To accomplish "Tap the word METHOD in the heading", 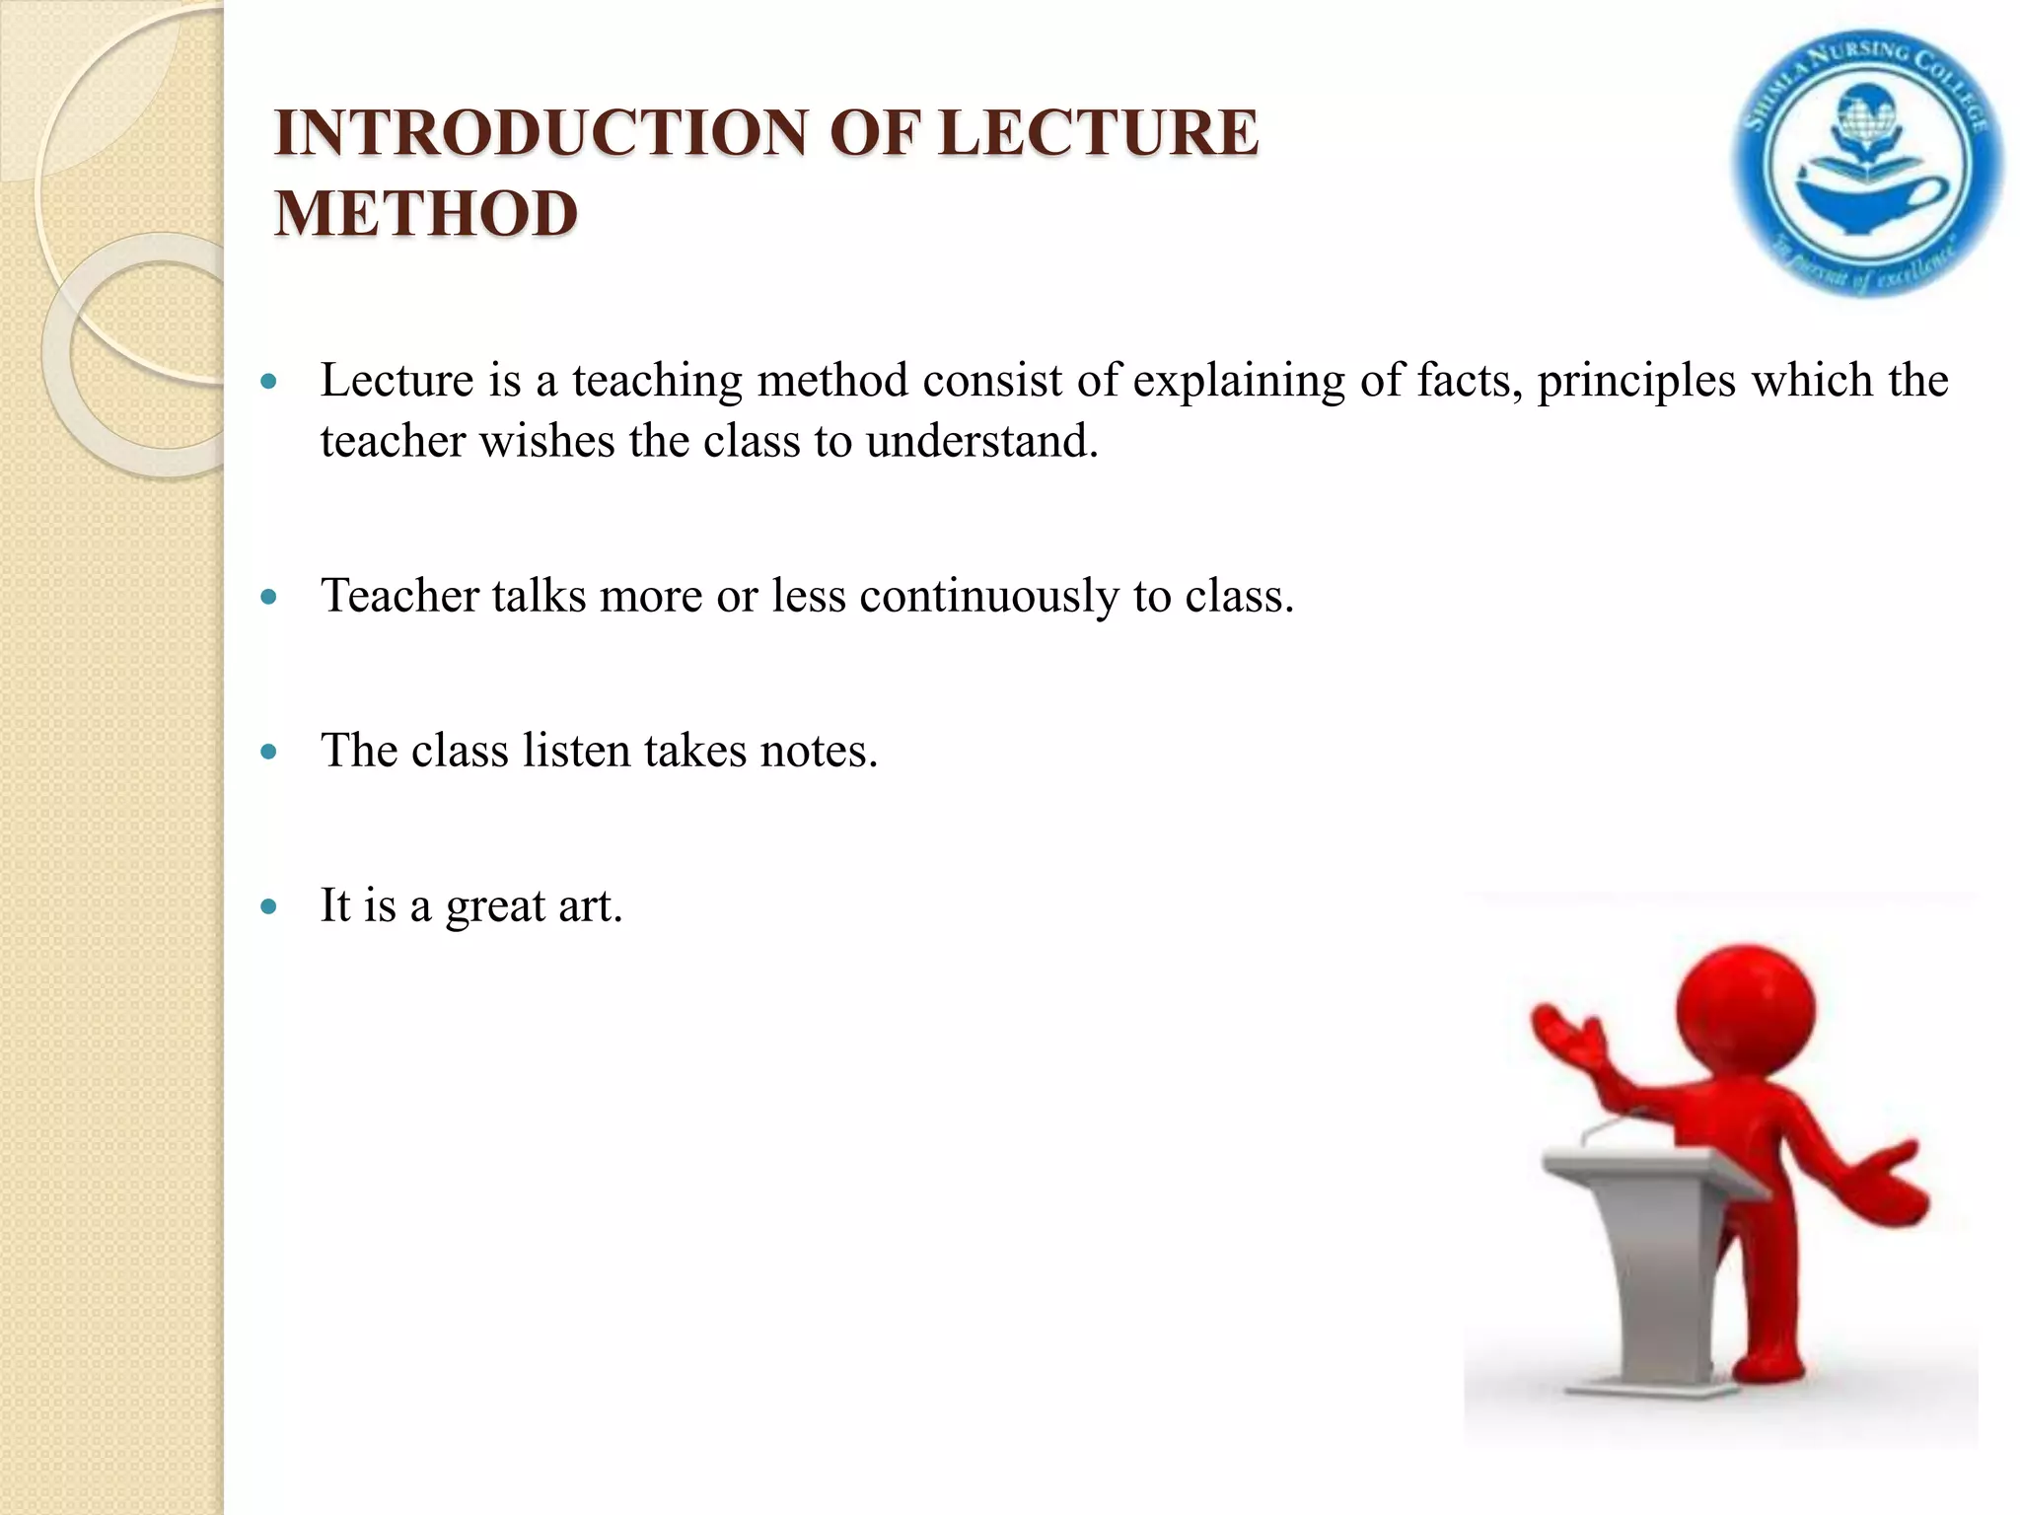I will coord(426,214).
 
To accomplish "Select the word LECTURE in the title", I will coord(1098,133).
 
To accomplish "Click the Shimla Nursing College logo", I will coord(1867,165).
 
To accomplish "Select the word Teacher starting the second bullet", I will coord(399,596).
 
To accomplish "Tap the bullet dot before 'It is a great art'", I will coord(269,906).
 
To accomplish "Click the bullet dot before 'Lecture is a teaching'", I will coord(269,381).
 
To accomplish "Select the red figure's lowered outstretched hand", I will coord(1889,1184).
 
